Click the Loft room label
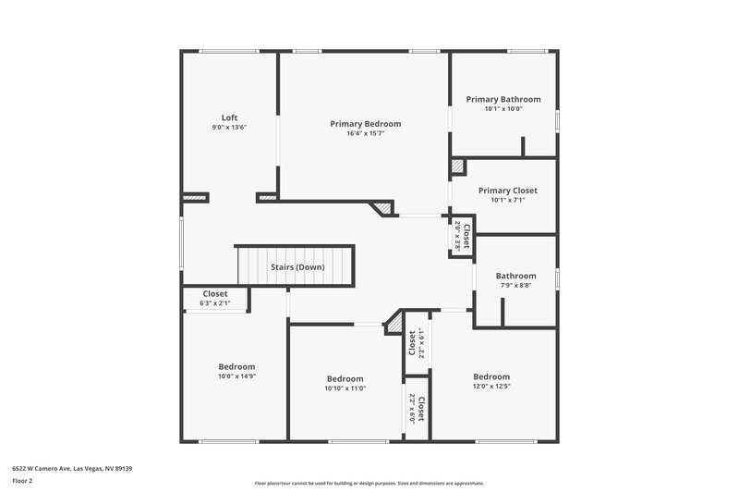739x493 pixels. (230, 117)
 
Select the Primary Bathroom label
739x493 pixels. (503, 99)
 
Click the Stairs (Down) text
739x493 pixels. (297, 267)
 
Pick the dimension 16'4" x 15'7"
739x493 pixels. (366, 133)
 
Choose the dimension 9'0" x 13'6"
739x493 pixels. (230, 128)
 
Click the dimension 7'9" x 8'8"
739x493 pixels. (515, 286)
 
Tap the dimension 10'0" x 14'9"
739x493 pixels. (236, 376)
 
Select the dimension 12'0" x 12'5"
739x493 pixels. (491, 387)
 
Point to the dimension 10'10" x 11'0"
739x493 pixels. (345, 388)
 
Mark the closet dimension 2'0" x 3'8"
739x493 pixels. (457, 236)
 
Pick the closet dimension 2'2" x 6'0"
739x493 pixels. (412, 407)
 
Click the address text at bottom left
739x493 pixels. (72, 469)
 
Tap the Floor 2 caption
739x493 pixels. (23, 482)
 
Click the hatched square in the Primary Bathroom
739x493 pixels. (457, 166)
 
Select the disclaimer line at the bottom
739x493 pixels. (369, 483)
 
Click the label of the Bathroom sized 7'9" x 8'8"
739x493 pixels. (515, 276)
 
